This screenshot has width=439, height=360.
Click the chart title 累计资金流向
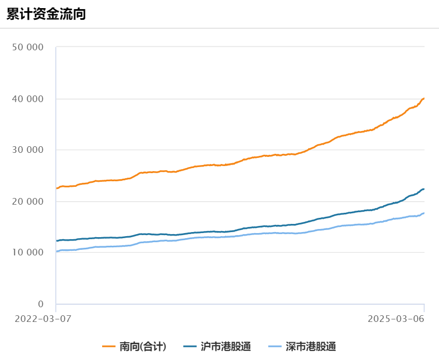[x=46, y=14]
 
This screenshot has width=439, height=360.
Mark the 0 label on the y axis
[x=41, y=304]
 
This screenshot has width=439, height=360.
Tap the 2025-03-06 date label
[x=395, y=319]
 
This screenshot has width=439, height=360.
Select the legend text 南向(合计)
[x=143, y=347]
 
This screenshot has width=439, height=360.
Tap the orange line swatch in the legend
[x=109, y=347]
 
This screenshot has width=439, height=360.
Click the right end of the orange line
[x=424, y=99]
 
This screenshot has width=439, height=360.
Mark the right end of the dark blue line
[x=424, y=189]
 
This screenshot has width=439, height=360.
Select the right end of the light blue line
[x=424, y=213]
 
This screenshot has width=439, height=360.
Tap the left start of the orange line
[x=56, y=188]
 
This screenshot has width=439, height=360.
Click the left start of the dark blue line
[x=56, y=241]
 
